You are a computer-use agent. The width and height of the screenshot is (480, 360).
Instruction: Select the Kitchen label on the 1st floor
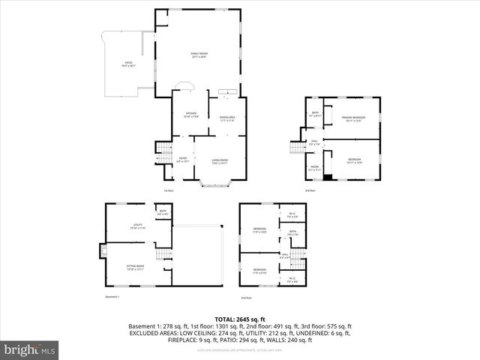(x=190, y=115)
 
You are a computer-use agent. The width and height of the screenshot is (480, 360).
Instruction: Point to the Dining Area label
(x=227, y=118)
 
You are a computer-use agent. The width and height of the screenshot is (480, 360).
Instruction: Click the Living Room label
(x=219, y=160)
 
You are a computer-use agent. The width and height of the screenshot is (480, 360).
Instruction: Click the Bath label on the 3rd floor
(x=315, y=115)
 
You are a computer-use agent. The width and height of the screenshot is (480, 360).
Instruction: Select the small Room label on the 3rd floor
(x=315, y=168)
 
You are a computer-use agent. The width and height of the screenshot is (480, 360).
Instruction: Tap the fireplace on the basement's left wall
(x=102, y=251)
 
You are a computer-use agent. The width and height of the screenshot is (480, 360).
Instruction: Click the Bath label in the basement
(x=163, y=212)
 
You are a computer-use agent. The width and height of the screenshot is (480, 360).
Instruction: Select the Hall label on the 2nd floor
(x=285, y=256)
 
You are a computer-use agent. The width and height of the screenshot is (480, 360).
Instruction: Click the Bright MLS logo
(x=30, y=349)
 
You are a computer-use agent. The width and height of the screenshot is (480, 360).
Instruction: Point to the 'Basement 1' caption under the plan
(x=113, y=298)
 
